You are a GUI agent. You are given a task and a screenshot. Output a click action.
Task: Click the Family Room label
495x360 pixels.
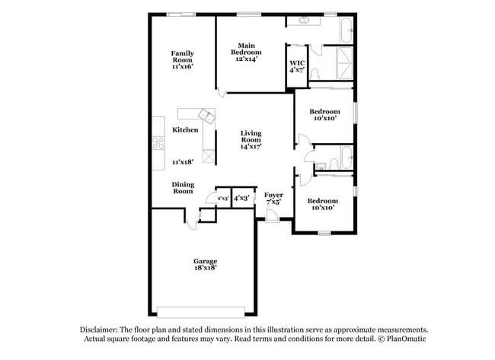[183, 56]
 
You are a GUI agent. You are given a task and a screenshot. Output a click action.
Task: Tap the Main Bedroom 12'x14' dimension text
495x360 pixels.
[246, 59]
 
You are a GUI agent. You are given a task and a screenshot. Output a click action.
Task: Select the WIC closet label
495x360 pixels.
[297, 63]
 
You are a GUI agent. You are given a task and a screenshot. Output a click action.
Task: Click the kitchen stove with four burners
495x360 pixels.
[158, 142]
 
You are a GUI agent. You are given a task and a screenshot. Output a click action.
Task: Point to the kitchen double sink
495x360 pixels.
[207, 116]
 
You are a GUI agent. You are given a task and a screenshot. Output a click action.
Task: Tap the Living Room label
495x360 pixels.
[251, 136]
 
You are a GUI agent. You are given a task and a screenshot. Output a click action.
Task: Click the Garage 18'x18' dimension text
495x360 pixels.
[205, 268]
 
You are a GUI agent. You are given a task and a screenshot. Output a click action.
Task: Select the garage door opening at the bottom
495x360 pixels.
[201, 312]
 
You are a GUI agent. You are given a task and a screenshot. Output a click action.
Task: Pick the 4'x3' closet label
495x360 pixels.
[241, 198]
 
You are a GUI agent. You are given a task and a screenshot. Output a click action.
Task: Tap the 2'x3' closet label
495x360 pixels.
[223, 199]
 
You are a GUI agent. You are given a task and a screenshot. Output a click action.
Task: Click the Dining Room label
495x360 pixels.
[183, 188]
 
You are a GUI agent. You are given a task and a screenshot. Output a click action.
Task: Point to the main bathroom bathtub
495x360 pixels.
[346, 30]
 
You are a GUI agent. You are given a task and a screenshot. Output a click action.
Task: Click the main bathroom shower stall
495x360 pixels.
[344, 63]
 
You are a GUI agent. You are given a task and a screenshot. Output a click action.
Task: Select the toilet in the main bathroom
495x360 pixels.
[315, 74]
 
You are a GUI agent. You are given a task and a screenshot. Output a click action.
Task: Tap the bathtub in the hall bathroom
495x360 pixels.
[346, 158]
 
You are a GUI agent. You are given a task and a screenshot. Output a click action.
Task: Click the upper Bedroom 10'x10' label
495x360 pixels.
[324, 115]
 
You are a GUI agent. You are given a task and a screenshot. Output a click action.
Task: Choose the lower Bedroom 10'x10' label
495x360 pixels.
[323, 204]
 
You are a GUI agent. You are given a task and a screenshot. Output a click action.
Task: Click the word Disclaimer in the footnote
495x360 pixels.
[98, 330]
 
